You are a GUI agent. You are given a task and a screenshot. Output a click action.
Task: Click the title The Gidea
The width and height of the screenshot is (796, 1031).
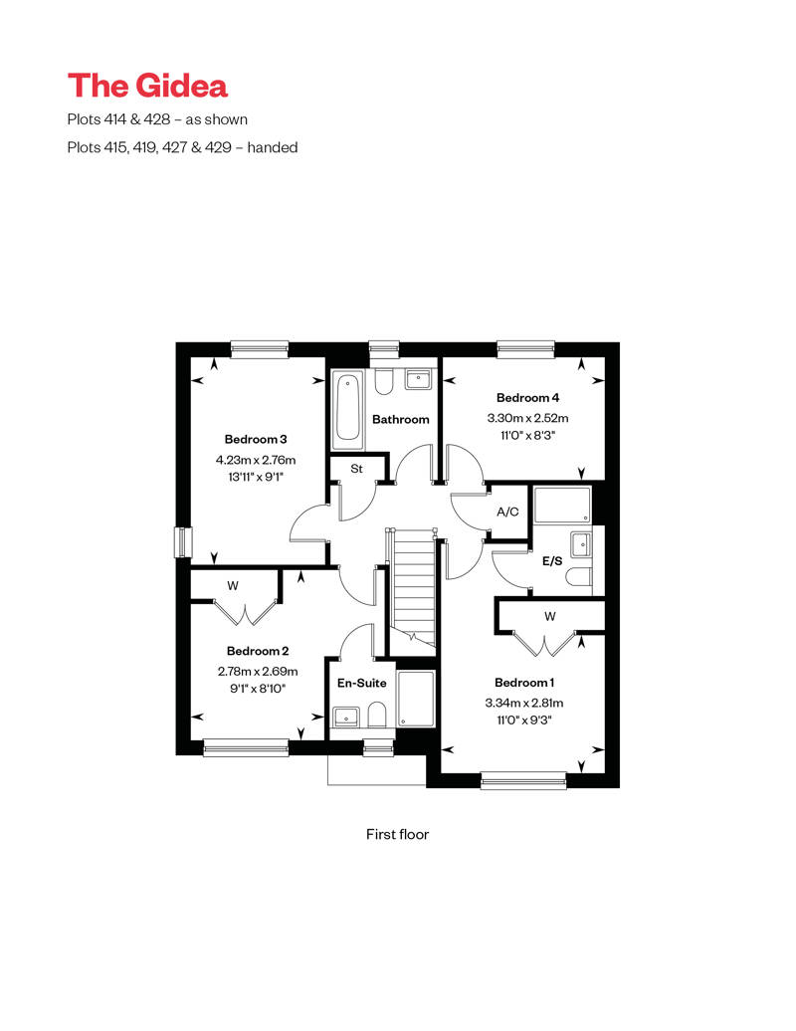click(x=147, y=85)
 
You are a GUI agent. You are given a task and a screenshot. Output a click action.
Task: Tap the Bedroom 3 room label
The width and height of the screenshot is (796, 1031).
click(x=256, y=439)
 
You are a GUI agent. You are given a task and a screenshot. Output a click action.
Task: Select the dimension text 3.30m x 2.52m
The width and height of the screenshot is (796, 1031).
click(x=527, y=419)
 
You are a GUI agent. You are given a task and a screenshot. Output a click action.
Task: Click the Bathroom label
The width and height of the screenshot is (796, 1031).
click(x=401, y=419)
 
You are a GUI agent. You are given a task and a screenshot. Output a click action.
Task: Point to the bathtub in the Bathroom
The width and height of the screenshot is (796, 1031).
click(x=347, y=408)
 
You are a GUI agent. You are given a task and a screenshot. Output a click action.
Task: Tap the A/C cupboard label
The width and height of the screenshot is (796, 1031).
click(x=507, y=512)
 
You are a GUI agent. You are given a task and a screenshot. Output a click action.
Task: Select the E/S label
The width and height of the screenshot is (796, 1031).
click(x=551, y=561)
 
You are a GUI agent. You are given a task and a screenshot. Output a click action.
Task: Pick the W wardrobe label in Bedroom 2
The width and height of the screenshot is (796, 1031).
click(x=232, y=586)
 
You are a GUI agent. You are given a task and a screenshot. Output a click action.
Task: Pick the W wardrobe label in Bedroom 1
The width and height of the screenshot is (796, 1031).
click(x=549, y=616)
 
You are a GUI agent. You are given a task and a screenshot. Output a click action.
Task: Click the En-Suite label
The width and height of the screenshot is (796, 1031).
click(x=360, y=684)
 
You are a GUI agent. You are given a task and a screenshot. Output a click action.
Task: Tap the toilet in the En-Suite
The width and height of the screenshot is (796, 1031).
click(x=376, y=715)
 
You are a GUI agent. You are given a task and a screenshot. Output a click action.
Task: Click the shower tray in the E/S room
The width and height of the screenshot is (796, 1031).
click(x=562, y=505)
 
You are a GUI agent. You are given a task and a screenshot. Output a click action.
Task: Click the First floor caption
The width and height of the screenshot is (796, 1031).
click(x=397, y=834)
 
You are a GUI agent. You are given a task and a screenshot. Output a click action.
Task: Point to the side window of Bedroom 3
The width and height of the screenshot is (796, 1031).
click(x=180, y=542)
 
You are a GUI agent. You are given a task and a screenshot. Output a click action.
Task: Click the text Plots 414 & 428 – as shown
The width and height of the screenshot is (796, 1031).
click(x=157, y=119)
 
